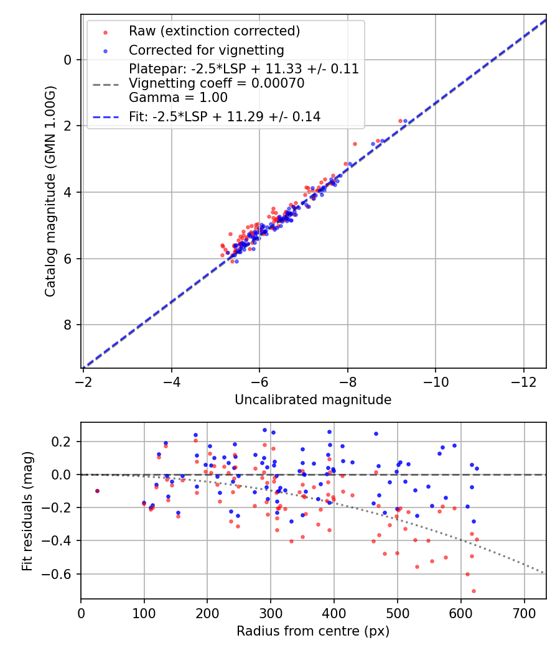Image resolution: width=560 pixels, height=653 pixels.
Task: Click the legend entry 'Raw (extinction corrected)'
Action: click(x=214, y=31)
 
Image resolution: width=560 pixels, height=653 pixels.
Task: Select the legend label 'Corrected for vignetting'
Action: click(x=206, y=50)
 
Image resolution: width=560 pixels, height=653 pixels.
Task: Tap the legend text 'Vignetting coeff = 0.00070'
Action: click(x=217, y=83)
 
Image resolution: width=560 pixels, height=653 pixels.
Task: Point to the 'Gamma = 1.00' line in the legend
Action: click(x=178, y=98)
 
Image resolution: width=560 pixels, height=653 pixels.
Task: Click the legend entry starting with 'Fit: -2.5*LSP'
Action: click(x=225, y=116)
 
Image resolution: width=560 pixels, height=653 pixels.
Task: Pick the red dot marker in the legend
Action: click(x=106, y=32)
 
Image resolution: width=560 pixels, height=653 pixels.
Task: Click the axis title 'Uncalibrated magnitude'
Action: click(x=313, y=400)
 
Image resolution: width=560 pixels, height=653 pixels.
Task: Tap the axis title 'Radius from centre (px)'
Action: click(x=313, y=631)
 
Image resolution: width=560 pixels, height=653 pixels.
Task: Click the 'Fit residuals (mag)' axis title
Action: click(x=27, y=511)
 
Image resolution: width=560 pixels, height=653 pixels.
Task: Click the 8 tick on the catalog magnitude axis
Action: click(x=69, y=325)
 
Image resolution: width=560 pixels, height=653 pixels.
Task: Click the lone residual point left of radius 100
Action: click(x=97, y=491)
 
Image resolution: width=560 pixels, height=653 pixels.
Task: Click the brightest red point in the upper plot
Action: click(x=400, y=121)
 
